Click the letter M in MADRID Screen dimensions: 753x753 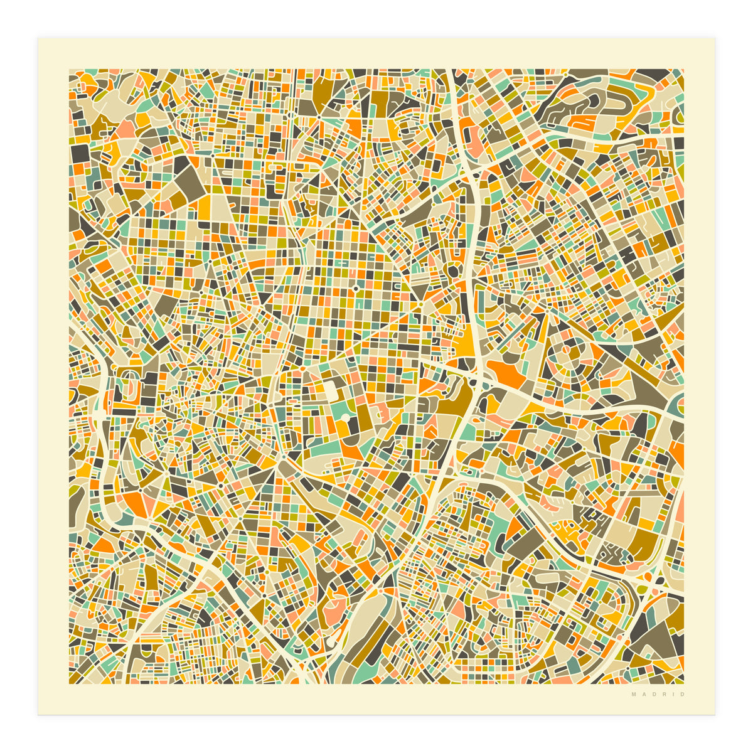tap(634, 695)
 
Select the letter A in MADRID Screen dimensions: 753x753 tap(643, 695)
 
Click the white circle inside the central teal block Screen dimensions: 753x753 tap(344, 417)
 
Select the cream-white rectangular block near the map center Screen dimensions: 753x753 tap(330, 391)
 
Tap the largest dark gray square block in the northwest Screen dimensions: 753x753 tap(80, 154)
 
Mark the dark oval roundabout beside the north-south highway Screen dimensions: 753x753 tap(452, 271)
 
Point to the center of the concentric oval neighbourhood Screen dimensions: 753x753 tap(569, 351)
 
